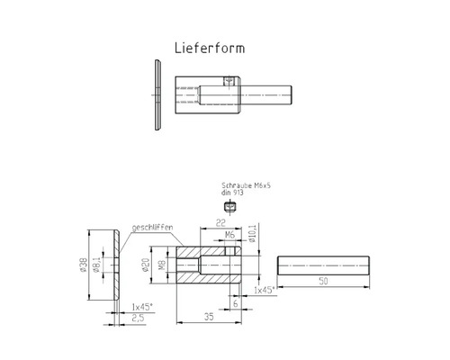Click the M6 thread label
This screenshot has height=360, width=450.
[x=229, y=237]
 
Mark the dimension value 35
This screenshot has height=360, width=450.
[x=210, y=317]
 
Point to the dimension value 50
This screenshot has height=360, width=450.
[x=323, y=282]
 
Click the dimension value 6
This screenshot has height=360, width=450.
[x=234, y=303]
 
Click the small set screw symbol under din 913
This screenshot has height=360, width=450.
[x=229, y=207]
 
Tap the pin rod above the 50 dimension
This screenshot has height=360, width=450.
[x=323, y=265]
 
